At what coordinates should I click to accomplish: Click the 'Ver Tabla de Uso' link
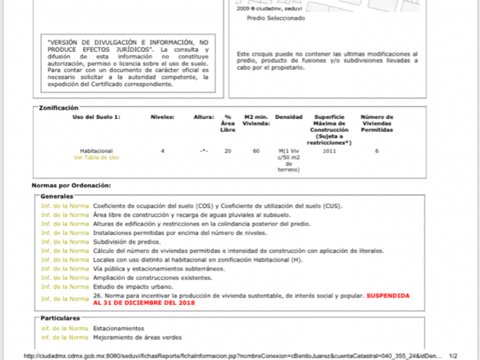[96, 157]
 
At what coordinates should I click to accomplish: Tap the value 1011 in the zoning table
[329, 151]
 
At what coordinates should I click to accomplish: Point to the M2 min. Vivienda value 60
[256, 151]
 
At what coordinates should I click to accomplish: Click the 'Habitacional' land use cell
[96, 151]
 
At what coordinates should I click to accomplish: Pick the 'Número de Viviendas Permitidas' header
[377, 123]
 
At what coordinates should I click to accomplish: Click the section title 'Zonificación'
[58, 107]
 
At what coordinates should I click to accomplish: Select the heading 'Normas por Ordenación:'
[71, 185]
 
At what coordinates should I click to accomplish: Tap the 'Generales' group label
[57, 196]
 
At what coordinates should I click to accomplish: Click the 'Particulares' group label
[60, 318]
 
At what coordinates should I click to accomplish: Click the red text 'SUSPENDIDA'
[388, 295]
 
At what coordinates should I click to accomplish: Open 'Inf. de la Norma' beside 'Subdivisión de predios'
[65, 242]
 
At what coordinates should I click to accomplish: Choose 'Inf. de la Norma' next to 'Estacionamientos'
[65, 328]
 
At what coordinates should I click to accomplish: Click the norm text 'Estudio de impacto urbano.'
[133, 286]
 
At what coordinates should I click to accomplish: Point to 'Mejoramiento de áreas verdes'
[137, 337]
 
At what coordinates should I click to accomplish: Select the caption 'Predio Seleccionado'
[276, 18]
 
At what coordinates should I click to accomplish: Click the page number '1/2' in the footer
[453, 355]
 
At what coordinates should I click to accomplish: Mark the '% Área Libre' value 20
[228, 151]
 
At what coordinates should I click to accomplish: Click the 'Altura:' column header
[203, 117]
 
